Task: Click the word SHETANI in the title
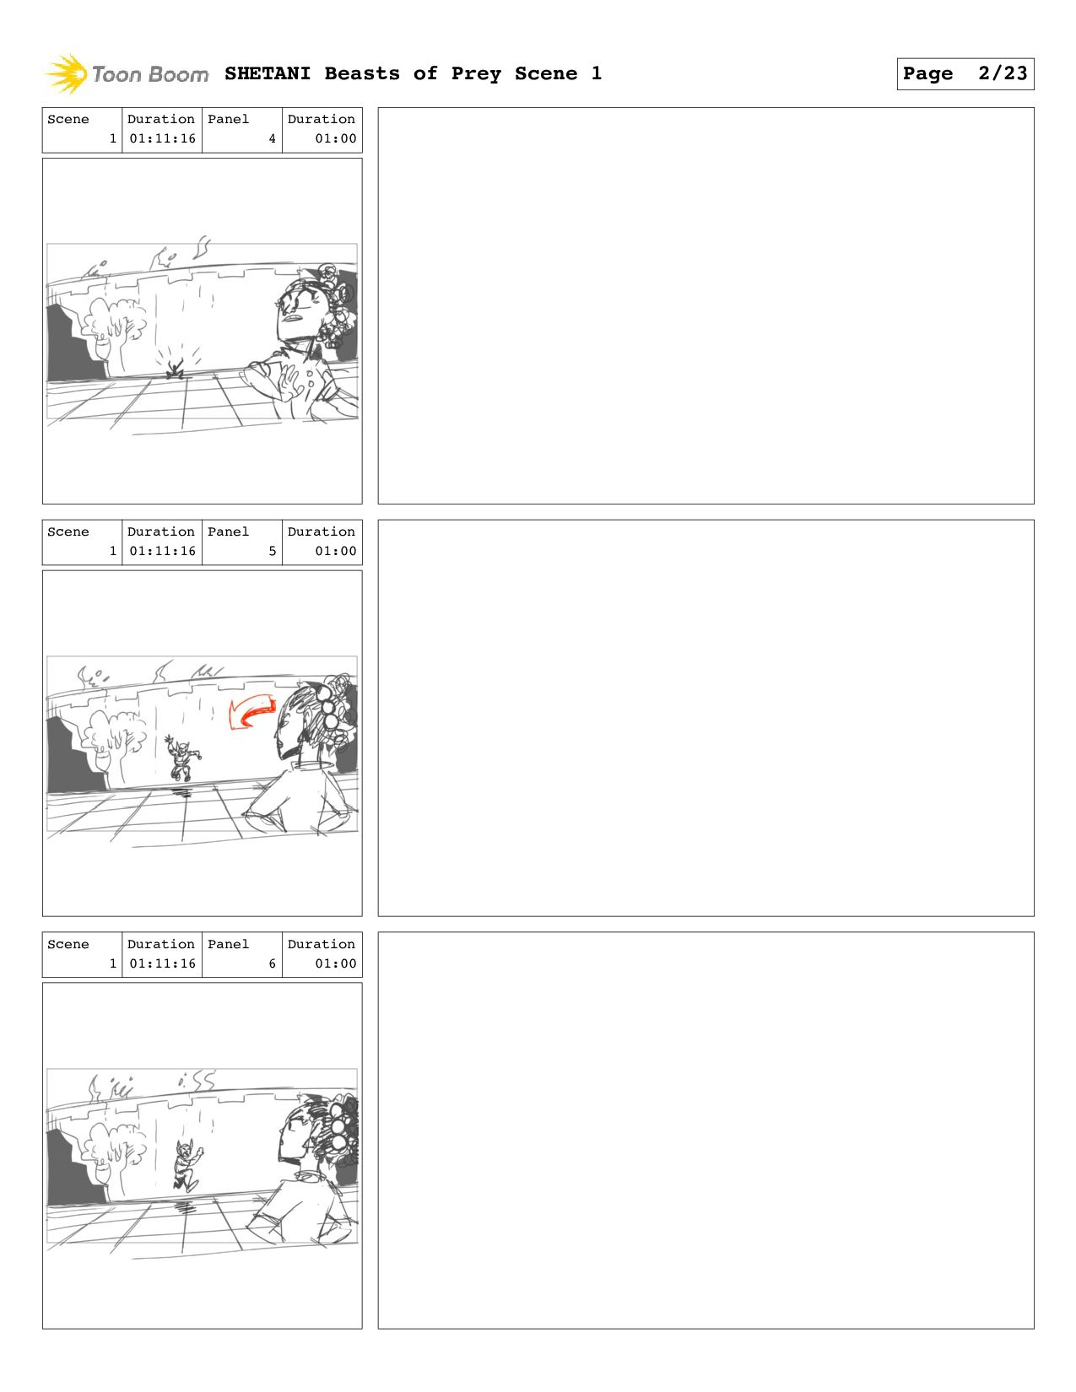click(x=268, y=73)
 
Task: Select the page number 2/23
click(x=1003, y=73)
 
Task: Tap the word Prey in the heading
click(x=475, y=74)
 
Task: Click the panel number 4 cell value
click(x=273, y=138)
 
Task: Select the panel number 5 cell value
click(x=273, y=551)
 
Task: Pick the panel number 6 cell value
click(x=273, y=963)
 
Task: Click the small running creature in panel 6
click(x=187, y=1167)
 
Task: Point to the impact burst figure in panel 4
click(x=175, y=366)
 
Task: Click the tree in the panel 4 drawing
click(x=111, y=330)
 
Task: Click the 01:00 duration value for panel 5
click(x=335, y=551)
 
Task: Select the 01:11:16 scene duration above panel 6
click(x=162, y=963)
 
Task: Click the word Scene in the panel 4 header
click(x=68, y=119)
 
